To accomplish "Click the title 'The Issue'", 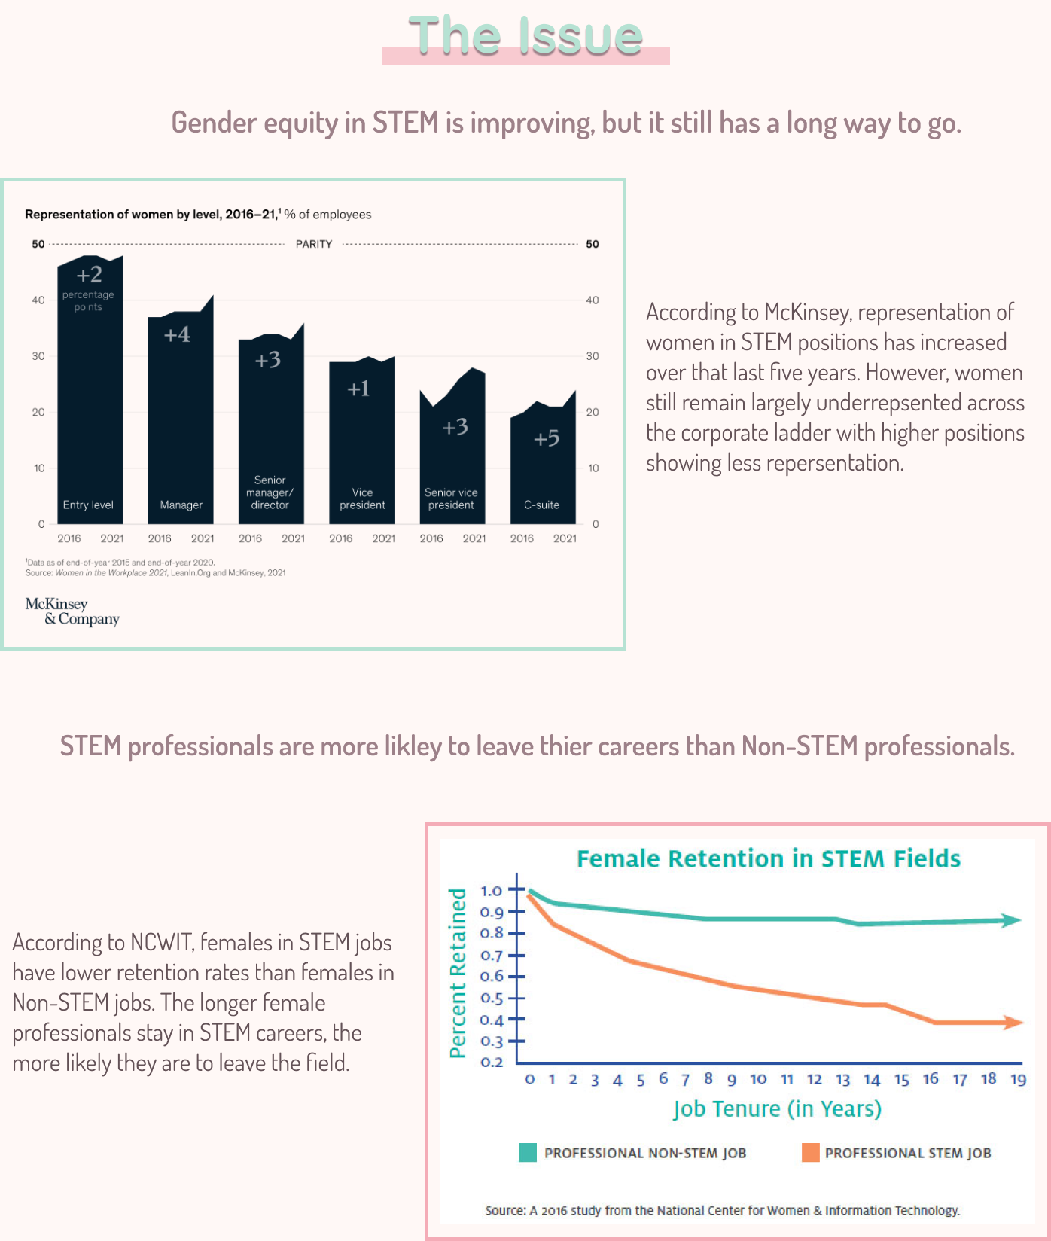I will tap(525, 36).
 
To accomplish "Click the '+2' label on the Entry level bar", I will tap(89, 274).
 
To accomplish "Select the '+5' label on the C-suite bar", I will tap(547, 438).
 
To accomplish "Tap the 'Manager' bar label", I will tap(181, 505).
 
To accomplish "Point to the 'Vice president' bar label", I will tap(362, 499).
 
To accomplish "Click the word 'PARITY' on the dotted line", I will tap(314, 244).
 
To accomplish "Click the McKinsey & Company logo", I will tap(72, 611).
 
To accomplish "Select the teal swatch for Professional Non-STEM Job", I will tap(528, 1153).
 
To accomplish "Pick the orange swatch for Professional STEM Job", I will tap(811, 1153).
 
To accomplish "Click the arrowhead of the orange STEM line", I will tap(1013, 1022).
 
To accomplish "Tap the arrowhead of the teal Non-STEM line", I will tap(1010, 920).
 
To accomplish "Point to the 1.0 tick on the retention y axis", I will tap(492, 891).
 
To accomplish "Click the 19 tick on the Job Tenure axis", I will tap(1018, 1079).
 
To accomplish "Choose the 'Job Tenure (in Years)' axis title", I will tap(777, 1108).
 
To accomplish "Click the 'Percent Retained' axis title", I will tap(458, 972).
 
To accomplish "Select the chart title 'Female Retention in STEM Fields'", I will tap(769, 858).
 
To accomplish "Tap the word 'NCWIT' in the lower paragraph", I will tap(162, 942).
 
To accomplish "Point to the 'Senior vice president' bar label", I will tap(451, 499).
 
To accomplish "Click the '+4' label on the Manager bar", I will tap(178, 334).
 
